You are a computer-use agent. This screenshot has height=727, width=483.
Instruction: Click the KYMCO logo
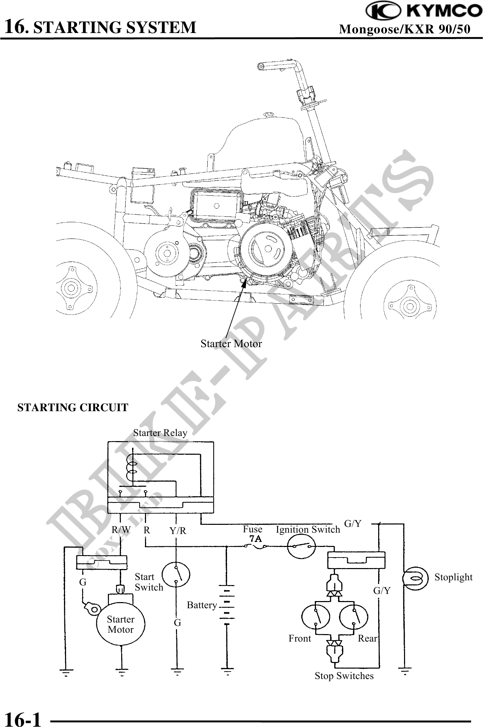tap(424, 11)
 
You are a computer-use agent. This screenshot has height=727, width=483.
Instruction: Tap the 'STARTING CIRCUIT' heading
tap(73, 407)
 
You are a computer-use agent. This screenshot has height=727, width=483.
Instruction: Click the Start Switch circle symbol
tap(176, 575)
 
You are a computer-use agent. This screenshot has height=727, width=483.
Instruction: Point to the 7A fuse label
tap(255, 539)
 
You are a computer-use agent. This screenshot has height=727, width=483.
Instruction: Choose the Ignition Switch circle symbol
tap(302, 547)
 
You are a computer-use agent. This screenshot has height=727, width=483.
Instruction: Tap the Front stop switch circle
tap(316, 617)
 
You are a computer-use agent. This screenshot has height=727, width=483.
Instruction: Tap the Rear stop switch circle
tap(354, 617)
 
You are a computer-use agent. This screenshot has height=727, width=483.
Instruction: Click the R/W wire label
tap(121, 530)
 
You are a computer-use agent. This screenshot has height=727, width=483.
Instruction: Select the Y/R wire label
tap(178, 530)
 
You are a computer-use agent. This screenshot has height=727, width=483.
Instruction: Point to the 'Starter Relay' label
tap(160, 433)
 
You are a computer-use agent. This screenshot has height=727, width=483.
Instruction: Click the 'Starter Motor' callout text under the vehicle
tap(231, 343)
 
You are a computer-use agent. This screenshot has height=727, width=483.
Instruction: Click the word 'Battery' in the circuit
tap(202, 605)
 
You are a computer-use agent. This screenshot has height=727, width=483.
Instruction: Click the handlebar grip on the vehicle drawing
tap(269, 66)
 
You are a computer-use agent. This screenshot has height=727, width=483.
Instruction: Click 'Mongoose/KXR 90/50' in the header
tap(405, 29)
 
